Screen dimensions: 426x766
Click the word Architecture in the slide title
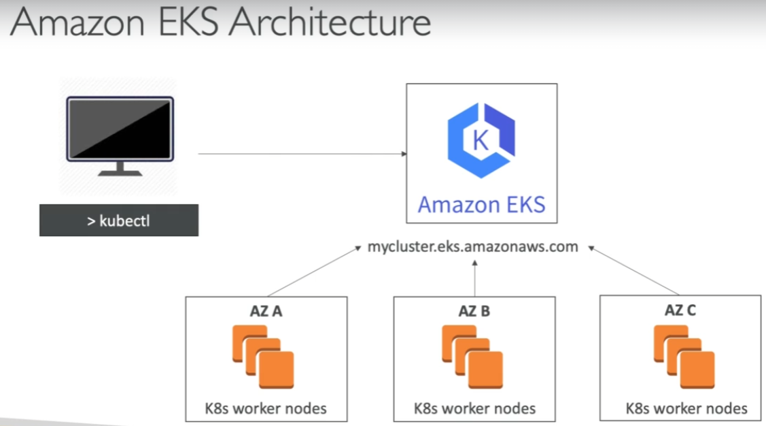click(330, 22)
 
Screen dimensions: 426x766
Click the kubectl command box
click(119, 220)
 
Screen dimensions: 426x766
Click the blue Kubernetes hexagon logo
click(481, 140)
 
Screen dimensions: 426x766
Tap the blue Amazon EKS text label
click(481, 204)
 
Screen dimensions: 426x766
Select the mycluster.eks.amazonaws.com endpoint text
click(472, 247)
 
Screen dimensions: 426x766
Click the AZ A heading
click(266, 312)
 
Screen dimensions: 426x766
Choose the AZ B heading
click(474, 312)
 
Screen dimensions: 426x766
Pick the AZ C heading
click(680, 310)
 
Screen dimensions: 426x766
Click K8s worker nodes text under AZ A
click(266, 409)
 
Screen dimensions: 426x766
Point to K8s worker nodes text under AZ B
click(474, 409)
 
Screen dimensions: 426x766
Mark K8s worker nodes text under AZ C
click(686, 409)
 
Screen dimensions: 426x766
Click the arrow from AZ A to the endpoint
click(313, 272)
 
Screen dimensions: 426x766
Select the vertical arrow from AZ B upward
click(475, 278)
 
